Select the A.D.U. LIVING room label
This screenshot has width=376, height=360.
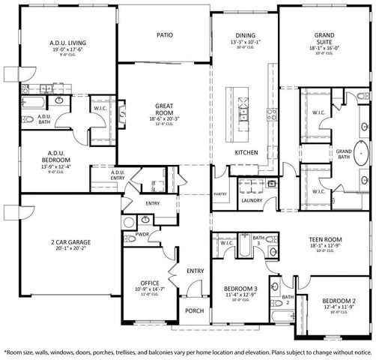coord(67,43)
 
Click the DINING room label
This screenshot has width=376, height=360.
coord(245,36)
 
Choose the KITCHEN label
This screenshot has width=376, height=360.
coord(246,152)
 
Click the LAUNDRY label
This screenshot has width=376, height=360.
coord(251,201)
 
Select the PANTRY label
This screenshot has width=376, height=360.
coord(220,193)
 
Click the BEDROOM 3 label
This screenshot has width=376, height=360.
coord(240,287)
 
